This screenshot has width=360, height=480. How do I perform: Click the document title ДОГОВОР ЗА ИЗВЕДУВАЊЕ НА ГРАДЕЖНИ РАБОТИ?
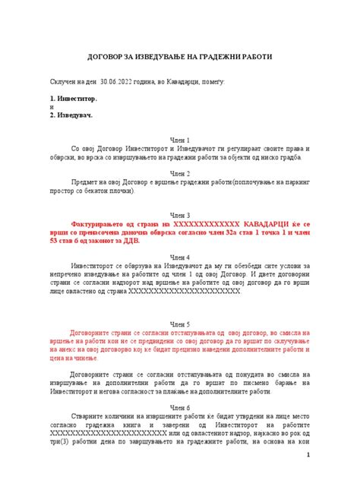(180, 58)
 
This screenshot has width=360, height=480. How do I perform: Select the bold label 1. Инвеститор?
(73, 99)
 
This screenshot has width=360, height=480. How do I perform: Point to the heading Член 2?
(180, 172)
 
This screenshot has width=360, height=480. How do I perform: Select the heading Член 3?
(180, 215)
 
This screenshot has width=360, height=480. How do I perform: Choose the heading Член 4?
(180, 257)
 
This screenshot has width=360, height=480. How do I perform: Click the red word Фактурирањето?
(96, 226)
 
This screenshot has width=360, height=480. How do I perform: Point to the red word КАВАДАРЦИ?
(254, 226)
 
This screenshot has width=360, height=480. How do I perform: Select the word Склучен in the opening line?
(64, 80)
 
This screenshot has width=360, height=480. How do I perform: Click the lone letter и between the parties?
(50, 107)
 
